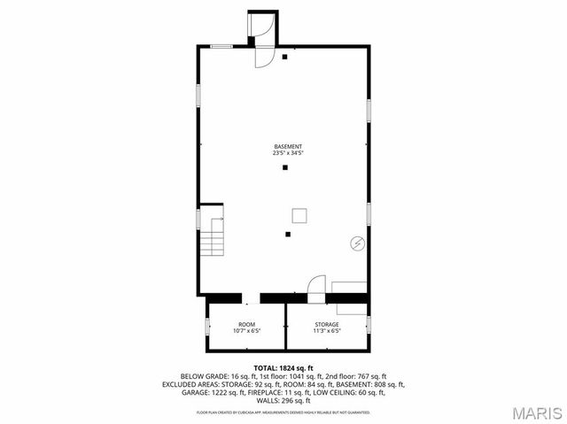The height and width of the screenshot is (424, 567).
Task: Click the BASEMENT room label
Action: click(x=288, y=146)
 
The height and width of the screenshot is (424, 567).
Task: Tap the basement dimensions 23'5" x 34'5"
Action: click(x=288, y=154)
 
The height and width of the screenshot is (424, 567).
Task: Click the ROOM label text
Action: click(x=246, y=325)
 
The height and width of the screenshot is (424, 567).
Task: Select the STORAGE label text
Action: click(x=326, y=325)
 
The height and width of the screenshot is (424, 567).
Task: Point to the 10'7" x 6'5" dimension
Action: click(x=246, y=332)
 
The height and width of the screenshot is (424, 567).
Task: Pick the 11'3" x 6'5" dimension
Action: click(x=326, y=332)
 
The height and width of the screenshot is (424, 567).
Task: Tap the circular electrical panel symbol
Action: click(x=357, y=242)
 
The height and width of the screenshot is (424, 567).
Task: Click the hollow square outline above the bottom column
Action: click(x=299, y=214)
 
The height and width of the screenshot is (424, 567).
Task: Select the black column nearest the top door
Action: click(x=285, y=58)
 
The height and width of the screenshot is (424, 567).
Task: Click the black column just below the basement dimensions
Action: click(x=285, y=167)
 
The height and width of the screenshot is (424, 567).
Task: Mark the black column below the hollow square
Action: click(x=288, y=234)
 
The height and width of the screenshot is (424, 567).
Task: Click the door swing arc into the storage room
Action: click(x=315, y=284)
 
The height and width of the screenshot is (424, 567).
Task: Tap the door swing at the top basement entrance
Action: click(x=264, y=56)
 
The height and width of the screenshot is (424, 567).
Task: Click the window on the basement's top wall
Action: click(x=221, y=46)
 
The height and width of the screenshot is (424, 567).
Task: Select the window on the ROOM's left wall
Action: click(x=207, y=326)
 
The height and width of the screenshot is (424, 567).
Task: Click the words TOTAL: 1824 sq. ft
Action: click(x=283, y=367)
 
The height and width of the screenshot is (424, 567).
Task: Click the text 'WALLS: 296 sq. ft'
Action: click(x=283, y=401)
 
